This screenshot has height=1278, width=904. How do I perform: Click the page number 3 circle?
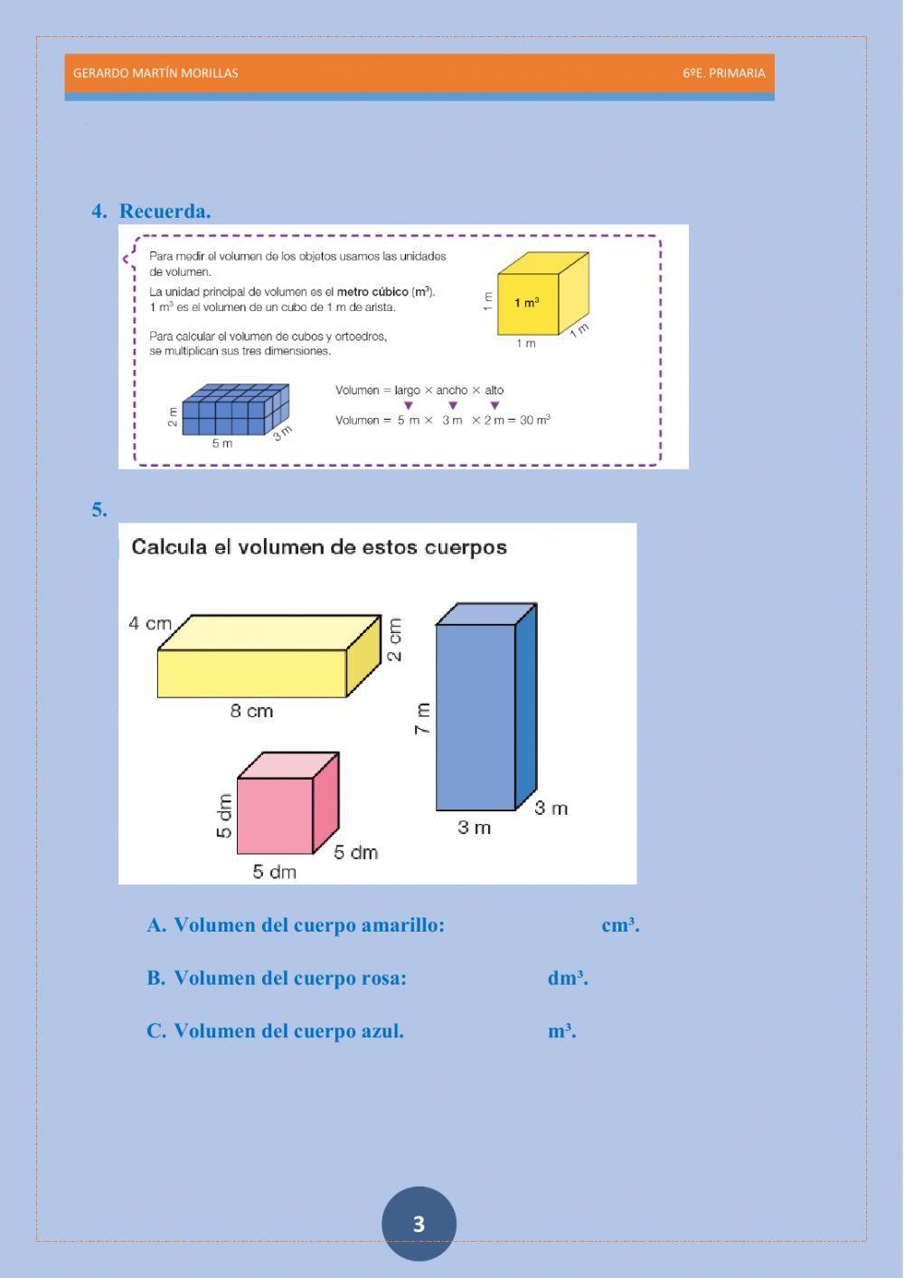click(x=419, y=1224)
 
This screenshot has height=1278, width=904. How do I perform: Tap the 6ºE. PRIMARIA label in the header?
click(x=723, y=73)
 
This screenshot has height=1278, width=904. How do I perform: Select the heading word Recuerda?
click(x=165, y=212)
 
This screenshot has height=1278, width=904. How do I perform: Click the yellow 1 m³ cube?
click(x=533, y=298)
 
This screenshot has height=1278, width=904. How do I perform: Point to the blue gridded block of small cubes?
click(x=233, y=412)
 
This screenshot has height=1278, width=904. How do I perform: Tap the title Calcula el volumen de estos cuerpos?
click(x=319, y=547)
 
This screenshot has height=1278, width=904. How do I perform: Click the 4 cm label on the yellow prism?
click(x=150, y=623)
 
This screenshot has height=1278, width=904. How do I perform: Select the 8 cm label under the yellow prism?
click(x=251, y=712)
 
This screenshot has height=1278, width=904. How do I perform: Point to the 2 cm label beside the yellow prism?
click(x=395, y=639)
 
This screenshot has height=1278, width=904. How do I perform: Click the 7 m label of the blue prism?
click(x=422, y=718)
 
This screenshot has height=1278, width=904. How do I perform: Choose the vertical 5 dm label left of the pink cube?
click(x=224, y=816)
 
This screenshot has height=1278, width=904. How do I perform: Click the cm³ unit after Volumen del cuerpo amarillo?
click(x=620, y=925)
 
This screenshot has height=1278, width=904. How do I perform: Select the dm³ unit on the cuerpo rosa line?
click(x=567, y=979)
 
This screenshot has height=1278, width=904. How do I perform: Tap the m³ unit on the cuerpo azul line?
click(x=561, y=1031)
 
